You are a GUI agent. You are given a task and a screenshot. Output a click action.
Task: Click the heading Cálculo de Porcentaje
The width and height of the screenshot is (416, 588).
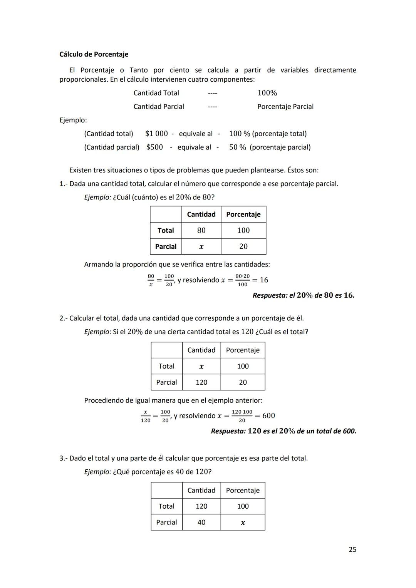(94, 54)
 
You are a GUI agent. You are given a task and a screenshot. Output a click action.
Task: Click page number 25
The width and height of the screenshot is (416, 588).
(352, 549)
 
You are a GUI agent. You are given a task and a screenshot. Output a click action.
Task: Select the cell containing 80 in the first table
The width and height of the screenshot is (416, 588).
(201, 230)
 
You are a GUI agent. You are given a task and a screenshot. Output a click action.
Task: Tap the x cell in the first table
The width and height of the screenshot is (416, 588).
(201, 247)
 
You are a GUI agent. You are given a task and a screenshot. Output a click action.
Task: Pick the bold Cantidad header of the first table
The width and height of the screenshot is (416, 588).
(201, 214)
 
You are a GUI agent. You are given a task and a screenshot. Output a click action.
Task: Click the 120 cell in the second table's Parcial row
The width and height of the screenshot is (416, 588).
(201, 382)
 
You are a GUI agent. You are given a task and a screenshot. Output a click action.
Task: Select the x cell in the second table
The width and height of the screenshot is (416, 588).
(201, 367)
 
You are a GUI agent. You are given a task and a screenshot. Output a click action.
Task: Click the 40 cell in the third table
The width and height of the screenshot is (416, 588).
(201, 523)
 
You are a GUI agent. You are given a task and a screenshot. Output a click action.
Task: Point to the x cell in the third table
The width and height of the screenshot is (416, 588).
(243, 523)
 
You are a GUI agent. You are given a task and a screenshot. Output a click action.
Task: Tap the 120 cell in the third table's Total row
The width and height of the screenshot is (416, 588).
(201, 506)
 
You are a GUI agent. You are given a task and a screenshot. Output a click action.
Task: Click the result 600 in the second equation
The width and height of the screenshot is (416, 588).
(268, 415)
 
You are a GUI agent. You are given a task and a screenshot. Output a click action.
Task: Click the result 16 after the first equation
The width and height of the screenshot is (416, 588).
(264, 280)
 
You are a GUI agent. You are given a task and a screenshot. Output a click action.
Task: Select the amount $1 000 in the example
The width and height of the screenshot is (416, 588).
(156, 134)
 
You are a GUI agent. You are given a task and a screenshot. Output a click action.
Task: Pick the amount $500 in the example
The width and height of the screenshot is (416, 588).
(154, 147)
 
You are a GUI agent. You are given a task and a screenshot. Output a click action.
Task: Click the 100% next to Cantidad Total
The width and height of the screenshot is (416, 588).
(267, 93)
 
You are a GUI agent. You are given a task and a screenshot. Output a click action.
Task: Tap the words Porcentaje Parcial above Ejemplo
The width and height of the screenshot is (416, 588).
(285, 107)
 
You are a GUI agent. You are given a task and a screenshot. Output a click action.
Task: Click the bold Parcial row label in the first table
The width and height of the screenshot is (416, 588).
(166, 247)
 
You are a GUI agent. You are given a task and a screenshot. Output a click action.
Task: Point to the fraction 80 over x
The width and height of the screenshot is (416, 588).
(151, 280)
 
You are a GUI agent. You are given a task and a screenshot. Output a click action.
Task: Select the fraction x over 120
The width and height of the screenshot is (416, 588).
(145, 416)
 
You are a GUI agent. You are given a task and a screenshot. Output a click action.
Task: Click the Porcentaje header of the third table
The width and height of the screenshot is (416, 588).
(243, 491)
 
